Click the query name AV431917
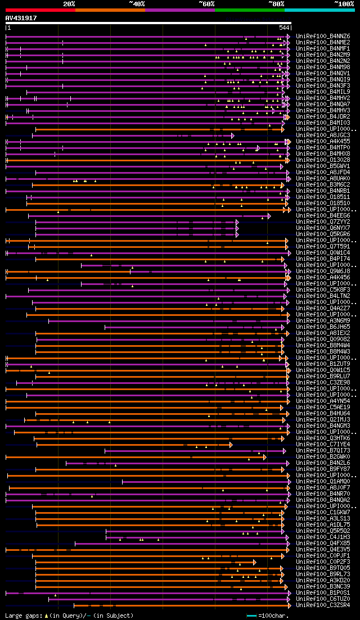21,18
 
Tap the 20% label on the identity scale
69,4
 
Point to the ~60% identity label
206,4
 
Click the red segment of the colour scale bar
40,10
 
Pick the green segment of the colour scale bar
249,10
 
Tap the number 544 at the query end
284,28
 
